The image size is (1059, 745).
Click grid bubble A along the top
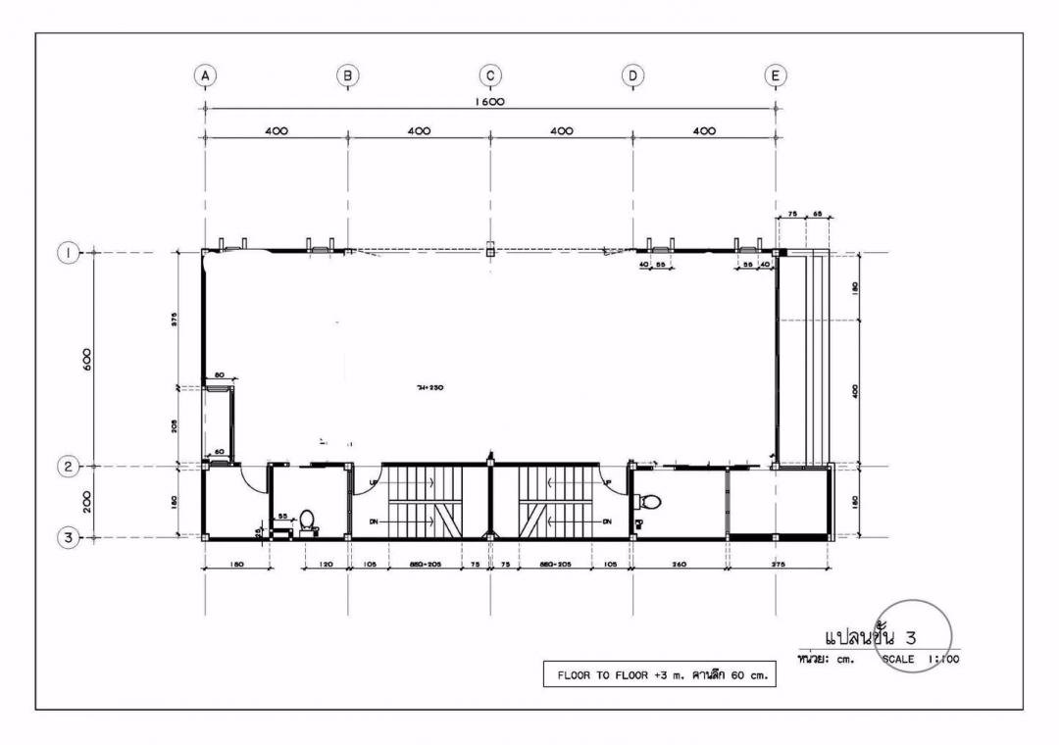[x=204, y=74]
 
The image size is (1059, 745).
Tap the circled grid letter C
[x=489, y=74]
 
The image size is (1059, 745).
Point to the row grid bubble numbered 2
[x=67, y=467]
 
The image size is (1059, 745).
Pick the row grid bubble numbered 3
[x=67, y=537]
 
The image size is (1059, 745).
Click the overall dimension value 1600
[x=489, y=101]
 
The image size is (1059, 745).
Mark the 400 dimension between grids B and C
[x=419, y=130]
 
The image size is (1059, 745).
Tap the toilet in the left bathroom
[x=307, y=520]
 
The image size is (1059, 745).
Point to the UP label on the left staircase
[x=373, y=482]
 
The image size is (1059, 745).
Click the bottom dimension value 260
[x=679, y=565]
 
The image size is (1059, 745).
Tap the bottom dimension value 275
[x=779, y=565]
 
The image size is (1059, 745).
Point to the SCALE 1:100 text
[x=920, y=660]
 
